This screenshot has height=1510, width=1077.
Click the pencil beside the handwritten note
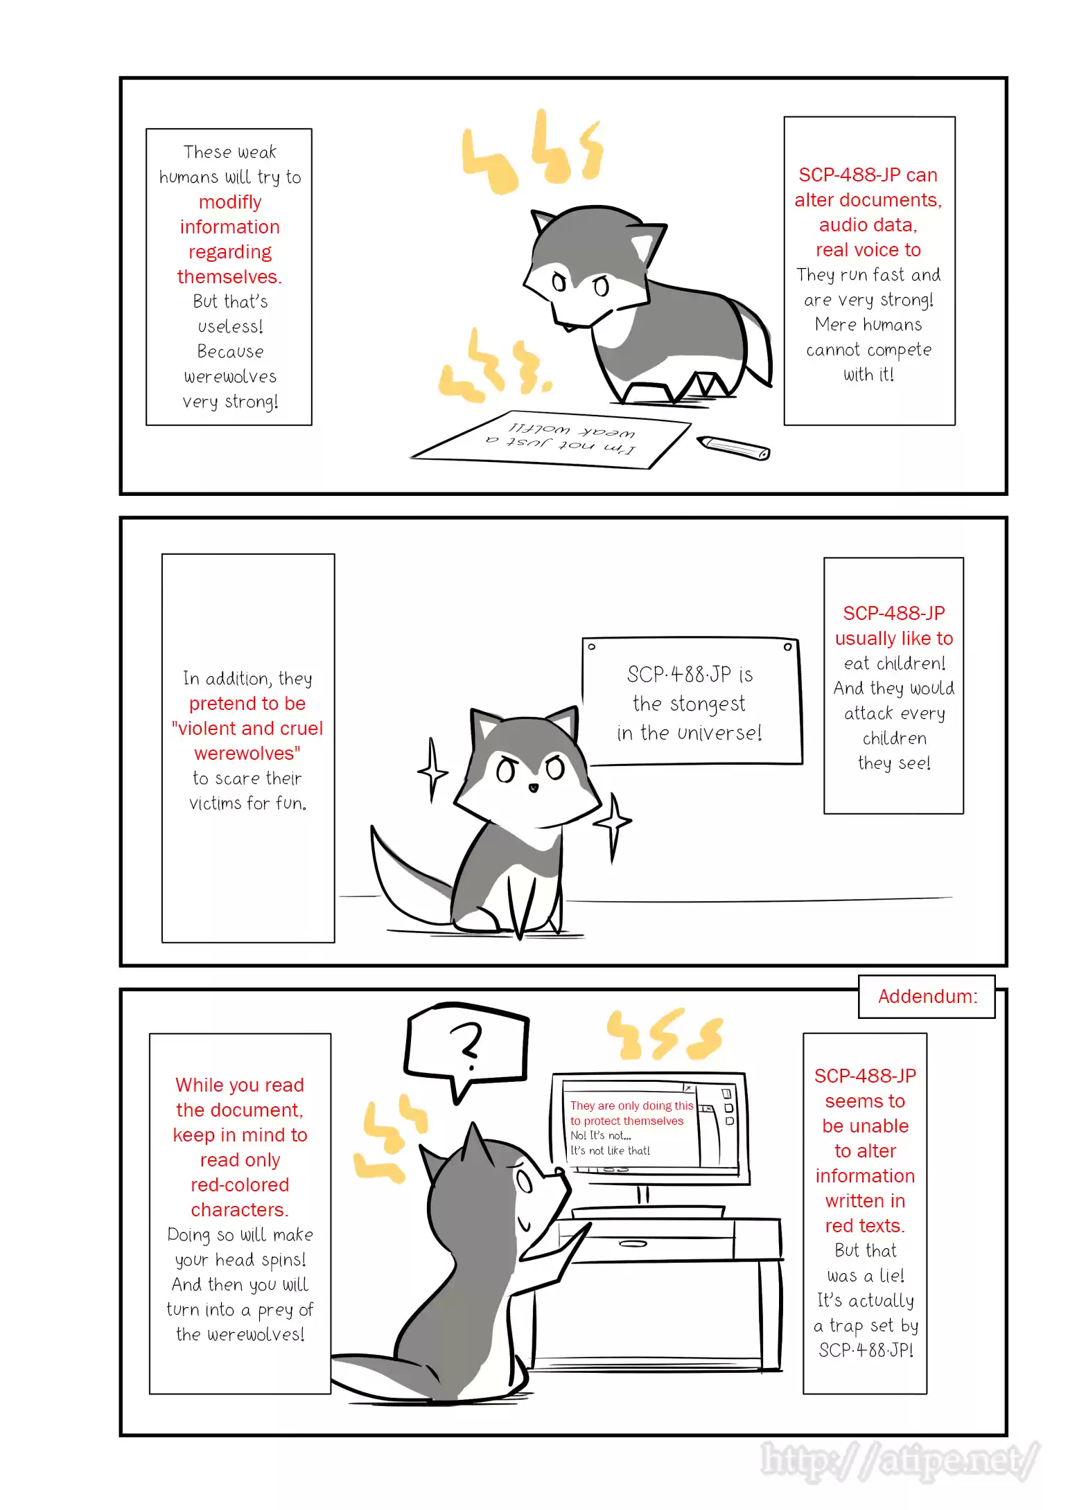(733, 447)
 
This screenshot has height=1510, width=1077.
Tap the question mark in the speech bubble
(467, 1047)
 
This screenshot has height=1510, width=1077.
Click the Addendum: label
(927, 996)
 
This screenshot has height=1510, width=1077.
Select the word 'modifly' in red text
(230, 202)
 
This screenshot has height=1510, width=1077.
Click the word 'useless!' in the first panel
(230, 326)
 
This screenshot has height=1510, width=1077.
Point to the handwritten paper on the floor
(551, 439)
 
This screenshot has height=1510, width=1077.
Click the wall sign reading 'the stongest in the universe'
(692, 702)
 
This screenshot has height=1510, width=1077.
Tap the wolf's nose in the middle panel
(533, 788)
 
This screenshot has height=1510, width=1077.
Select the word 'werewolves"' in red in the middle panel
(247, 754)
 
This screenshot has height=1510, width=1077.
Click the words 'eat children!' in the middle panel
(894, 664)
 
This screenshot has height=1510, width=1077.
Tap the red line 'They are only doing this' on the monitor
(631, 1105)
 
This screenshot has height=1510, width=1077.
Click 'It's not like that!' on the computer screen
(610, 1151)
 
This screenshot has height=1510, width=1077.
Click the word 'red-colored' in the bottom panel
(240, 1185)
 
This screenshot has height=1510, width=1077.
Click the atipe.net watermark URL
(900, 1463)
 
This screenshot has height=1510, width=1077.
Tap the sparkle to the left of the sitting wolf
(432, 771)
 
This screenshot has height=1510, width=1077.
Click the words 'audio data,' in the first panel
(868, 225)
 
